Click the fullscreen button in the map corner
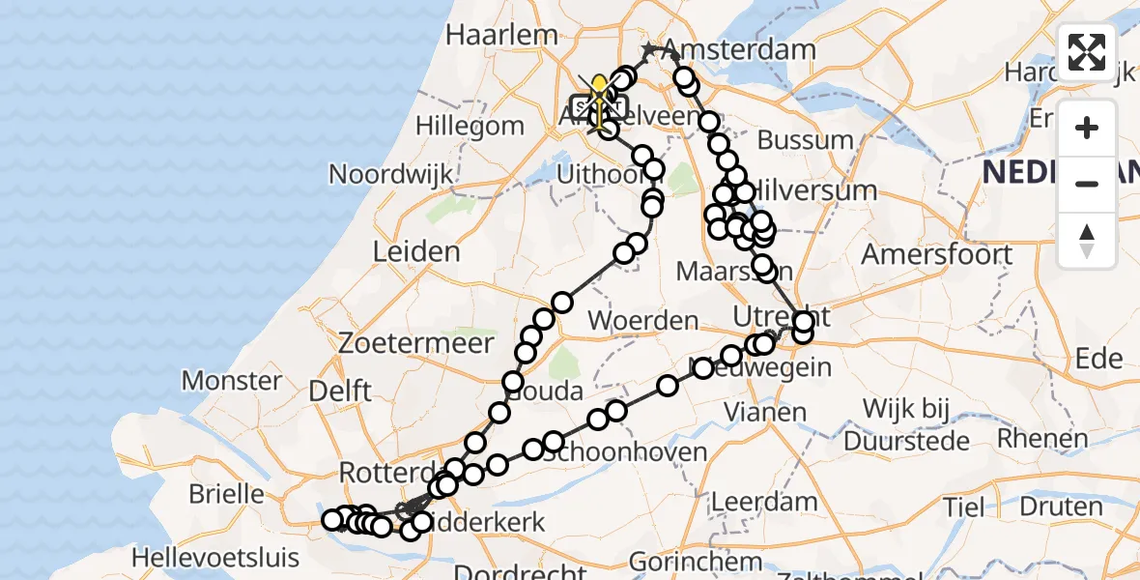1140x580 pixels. click(1087, 52)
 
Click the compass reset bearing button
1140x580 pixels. click(1087, 240)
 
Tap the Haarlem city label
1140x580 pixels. click(501, 35)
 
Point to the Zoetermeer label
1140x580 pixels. click(416, 343)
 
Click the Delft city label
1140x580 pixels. click(342, 391)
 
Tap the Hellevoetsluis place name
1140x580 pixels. click(216, 558)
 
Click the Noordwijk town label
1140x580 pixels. click(391, 174)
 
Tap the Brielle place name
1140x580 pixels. click(226, 494)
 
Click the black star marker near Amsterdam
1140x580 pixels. click(649, 49)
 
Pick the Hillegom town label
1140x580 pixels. click(470, 126)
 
